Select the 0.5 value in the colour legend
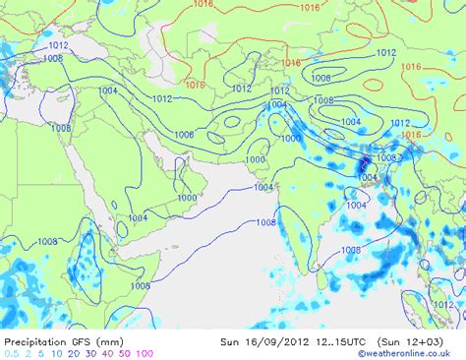point(11,353)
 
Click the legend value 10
point(57,353)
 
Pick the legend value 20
point(75,353)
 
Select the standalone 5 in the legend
point(41,353)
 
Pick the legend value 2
point(28,353)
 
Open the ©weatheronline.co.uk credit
point(411,353)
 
